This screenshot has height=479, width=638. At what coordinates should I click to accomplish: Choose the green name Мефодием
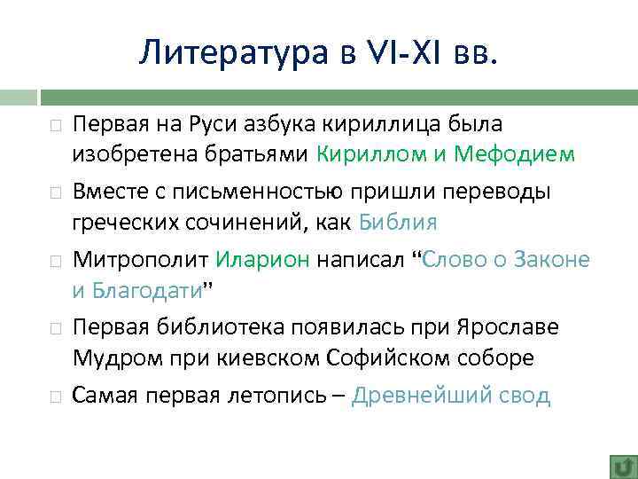[514, 154]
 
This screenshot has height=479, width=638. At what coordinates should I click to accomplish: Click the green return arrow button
[622, 465]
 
